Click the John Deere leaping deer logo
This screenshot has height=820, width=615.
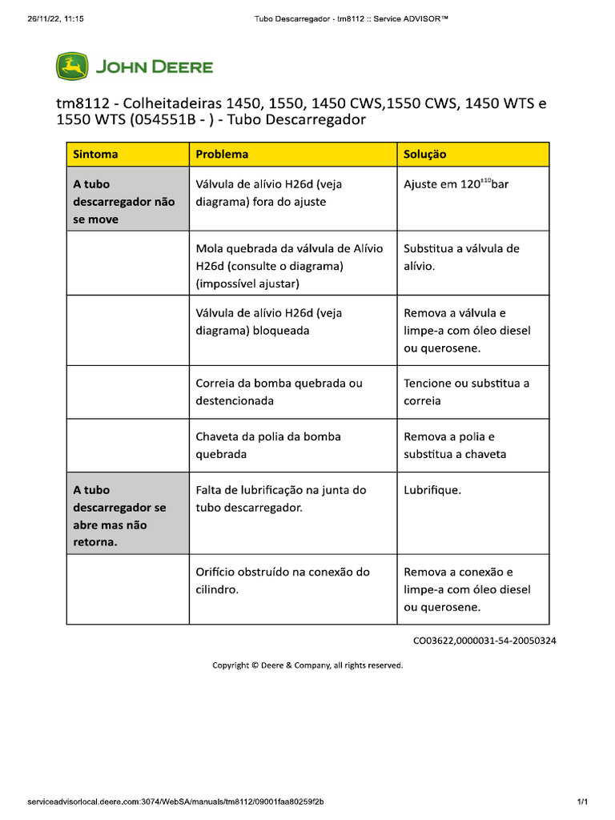[72, 66]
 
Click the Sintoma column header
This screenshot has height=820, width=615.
[95, 155]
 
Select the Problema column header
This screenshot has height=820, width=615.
[222, 155]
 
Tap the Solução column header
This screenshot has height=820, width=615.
[425, 155]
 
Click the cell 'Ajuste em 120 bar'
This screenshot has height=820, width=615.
[456, 184]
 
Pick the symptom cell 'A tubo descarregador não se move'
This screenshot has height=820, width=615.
[123, 202]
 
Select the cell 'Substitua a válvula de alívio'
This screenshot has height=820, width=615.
[461, 257]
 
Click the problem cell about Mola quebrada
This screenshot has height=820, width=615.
[289, 266]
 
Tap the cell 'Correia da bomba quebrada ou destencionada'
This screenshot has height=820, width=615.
[279, 392]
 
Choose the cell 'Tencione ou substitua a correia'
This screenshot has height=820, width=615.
[466, 392]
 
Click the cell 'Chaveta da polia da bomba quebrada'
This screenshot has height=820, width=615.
[267, 445]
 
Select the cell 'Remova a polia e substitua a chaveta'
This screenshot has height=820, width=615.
[455, 445]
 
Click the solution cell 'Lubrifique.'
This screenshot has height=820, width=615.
[432, 490]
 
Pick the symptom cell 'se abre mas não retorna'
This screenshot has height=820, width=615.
[119, 516]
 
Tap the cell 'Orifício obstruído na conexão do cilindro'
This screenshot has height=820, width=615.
[282, 581]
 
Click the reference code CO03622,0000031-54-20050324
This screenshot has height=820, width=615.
[484, 641]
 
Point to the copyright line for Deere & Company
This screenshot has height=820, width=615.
[307, 665]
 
